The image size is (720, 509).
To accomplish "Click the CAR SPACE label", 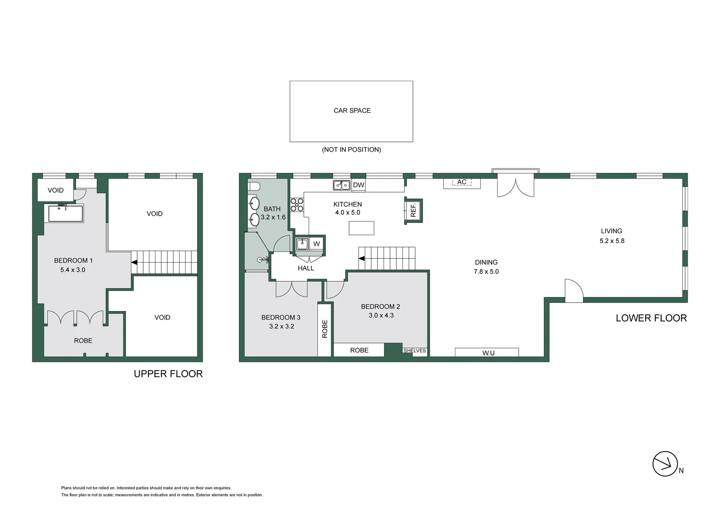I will click(352, 111).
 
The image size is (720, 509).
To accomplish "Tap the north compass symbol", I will click(665, 464).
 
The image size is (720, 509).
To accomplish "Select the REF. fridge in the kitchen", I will click(413, 211).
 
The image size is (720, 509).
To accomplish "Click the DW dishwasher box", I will click(359, 185).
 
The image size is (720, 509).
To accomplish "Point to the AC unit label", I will click(462, 182).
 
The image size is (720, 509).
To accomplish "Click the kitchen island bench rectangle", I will click(361, 228).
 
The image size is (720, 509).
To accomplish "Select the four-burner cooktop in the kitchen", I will click(297, 205).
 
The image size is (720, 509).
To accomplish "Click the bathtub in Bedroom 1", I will click(66, 213).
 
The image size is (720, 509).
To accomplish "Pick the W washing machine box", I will click(317, 244).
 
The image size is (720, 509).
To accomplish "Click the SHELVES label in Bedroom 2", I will click(415, 351).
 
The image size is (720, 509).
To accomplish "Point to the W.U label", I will click(489, 353).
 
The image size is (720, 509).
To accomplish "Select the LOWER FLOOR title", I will click(651, 318).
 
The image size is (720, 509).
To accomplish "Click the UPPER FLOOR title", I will click(168, 374).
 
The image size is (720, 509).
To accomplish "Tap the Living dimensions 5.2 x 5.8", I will click(612, 241).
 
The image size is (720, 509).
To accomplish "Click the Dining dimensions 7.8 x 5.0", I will click(486, 271).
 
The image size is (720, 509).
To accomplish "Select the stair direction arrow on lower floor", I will click(362, 258).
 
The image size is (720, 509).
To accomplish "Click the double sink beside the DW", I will click(342, 185).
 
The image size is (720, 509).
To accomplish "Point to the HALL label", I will click(306, 268).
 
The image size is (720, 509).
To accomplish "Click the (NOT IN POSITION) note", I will click(352, 149).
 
